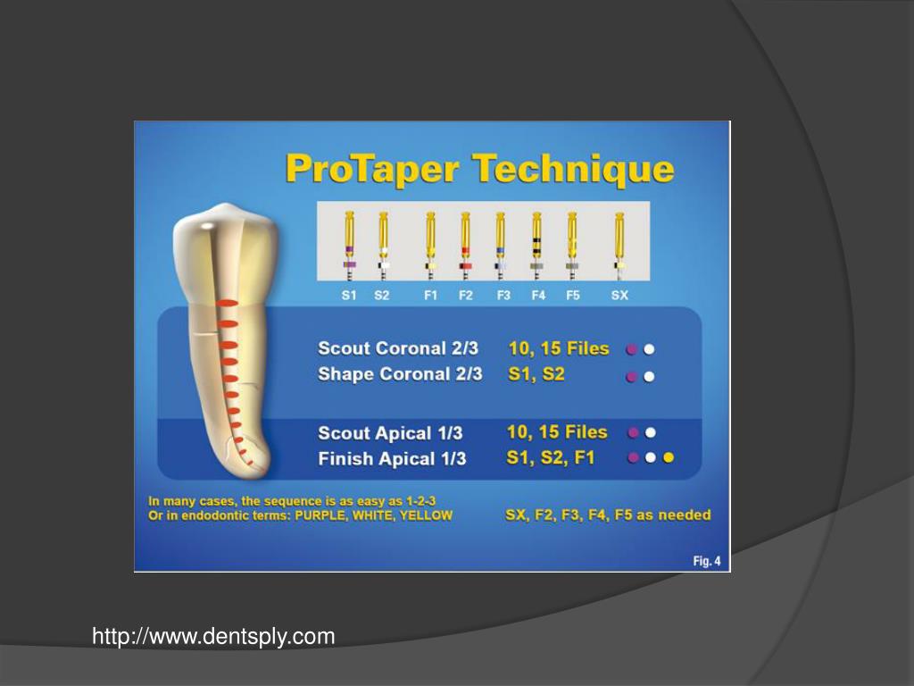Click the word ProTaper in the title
coord(372,169)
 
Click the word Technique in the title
coord(572,169)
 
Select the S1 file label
coord(349,296)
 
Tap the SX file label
coord(619,296)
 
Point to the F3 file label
coord(503,296)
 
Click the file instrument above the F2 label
coord(465,241)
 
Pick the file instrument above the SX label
coord(619,241)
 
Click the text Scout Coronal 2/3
coord(398,348)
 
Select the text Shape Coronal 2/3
coord(400,374)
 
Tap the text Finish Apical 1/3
coord(392,459)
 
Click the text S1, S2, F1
coord(550,457)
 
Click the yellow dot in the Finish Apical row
coord(668,457)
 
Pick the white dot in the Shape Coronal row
coord(650,377)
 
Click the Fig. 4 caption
coord(706,561)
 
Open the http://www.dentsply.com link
coord(214,637)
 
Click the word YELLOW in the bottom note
coord(427,515)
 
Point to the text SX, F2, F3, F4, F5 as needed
coord(608,514)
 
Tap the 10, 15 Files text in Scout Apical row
coord(557,432)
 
